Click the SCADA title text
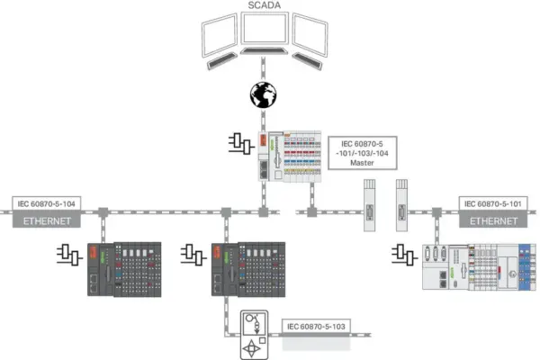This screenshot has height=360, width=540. click(x=264, y=5)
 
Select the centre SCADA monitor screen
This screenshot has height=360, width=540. click(x=265, y=29)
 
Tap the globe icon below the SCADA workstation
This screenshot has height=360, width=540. click(x=263, y=94)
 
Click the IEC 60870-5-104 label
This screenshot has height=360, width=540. click(x=47, y=203)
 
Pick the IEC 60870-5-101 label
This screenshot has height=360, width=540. click(x=493, y=203)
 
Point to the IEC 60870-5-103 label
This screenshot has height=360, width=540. click(x=316, y=326)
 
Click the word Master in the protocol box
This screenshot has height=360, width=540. click(x=362, y=163)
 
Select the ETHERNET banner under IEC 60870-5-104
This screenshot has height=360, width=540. click(x=47, y=220)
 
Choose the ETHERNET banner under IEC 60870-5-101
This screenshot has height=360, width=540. click(x=493, y=220)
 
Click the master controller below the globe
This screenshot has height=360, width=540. click(x=290, y=156)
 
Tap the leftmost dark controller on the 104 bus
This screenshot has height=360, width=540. click(x=124, y=269)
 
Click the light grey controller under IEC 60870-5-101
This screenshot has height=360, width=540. click(x=479, y=267)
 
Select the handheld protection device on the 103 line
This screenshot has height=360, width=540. click(x=254, y=335)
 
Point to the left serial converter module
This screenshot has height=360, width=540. click(x=370, y=205)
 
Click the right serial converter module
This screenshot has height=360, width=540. click(x=401, y=205)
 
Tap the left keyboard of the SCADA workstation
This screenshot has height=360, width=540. click(x=221, y=61)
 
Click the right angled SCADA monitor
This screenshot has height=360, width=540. click(x=310, y=34)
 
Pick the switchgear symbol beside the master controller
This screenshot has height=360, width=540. click(x=242, y=144)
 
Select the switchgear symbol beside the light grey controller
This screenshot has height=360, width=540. click(x=405, y=255)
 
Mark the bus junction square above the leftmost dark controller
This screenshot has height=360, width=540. click(x=103, y=212)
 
